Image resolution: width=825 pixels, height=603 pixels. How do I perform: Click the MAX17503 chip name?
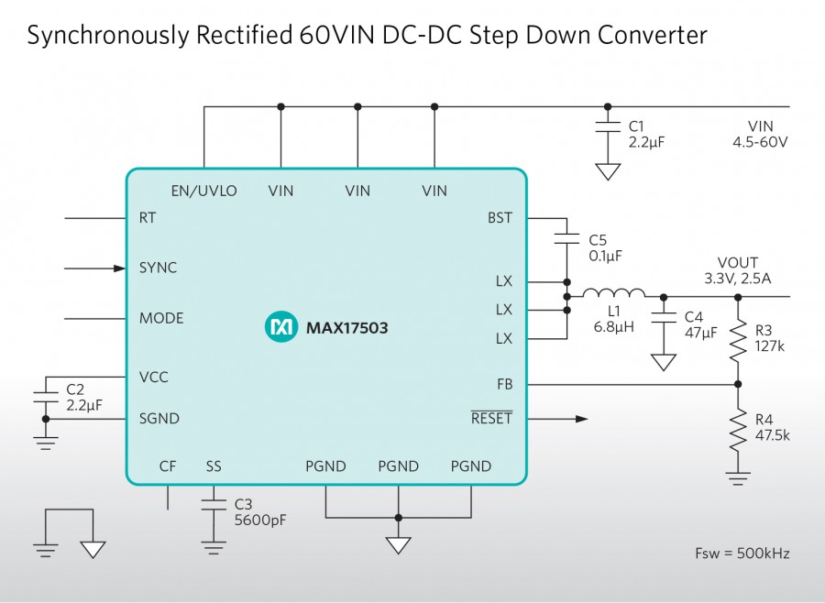point(346,327)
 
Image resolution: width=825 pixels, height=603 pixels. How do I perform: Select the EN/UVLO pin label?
point(203,192)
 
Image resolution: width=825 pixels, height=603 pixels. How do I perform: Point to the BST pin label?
point(500,218)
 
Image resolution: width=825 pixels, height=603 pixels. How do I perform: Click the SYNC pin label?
point(158,268)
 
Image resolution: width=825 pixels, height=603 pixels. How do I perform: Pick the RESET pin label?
point(491,419)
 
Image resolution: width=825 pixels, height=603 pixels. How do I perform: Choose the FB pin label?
point(504,384)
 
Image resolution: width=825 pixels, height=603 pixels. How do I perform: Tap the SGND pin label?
point(159,419)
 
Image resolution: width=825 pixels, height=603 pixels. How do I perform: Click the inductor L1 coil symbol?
point(613,294)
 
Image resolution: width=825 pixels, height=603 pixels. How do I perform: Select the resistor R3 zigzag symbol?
point(738,341)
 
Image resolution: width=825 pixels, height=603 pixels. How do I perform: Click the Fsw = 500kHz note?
point(742,554)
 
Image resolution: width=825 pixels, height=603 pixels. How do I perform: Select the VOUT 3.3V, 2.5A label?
point(738,270)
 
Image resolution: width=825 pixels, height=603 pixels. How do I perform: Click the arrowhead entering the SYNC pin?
point(119,269)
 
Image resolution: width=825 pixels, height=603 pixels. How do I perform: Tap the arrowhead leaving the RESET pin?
point(581,419)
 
